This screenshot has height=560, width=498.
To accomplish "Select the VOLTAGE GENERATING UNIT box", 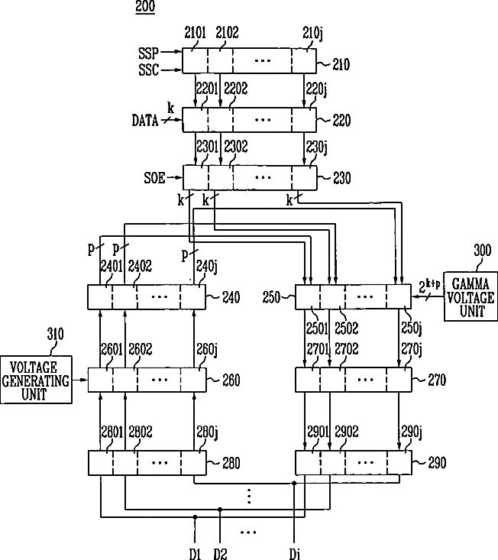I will point(35,378).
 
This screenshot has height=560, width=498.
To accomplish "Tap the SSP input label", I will point(149,53).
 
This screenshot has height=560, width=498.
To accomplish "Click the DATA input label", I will point(144,120).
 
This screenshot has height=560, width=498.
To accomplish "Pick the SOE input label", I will point(154,178).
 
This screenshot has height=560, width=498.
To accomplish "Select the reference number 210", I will point(340,65).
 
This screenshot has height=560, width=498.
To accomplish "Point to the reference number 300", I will point(482,250).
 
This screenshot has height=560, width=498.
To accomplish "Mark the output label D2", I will point(222,552).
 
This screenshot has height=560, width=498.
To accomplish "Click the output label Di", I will point(294,552).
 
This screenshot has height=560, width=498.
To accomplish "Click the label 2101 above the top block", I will point(195,33).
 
